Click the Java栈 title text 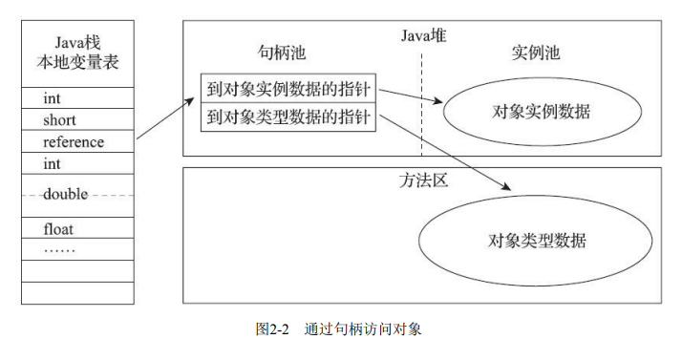pos(78,43)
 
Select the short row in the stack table pos(59,120)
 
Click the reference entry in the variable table pos(74,142)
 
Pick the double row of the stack pos(65,194)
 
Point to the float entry pos(58,229)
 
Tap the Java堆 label pos(422,35)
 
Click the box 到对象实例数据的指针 pos(288,89)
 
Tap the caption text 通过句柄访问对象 pos(363,329)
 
